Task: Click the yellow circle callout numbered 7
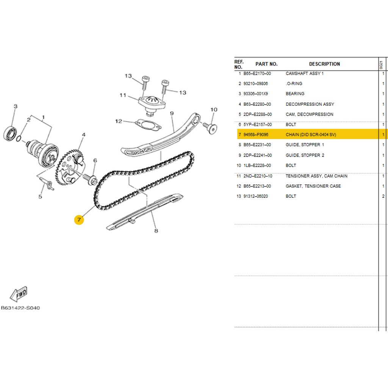tap(79, 220)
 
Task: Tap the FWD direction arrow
tap(19, 293)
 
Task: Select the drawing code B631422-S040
tap(20, 308)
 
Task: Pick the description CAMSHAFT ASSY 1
tap(304, 74)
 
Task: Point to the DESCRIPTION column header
tap(324, 64)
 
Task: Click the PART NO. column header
tap(266, 64)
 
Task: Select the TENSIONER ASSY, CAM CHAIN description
tap(316, 176)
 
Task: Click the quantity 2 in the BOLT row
tap(383, 196)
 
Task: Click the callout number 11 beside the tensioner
tap(122, 95)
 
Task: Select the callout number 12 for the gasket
tap(119, 121)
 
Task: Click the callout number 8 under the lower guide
tap(156, 230)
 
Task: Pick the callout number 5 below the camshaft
tap(40, 196)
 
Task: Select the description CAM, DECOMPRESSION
tap(309, 114)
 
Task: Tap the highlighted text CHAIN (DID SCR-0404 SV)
tap(311, 135)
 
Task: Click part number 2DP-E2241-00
tap(257, 155)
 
